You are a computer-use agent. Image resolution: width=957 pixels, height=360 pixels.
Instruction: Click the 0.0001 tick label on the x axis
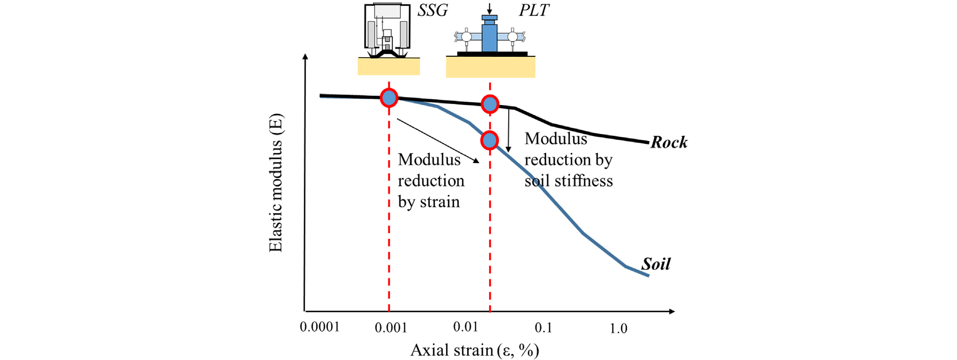(320, 327)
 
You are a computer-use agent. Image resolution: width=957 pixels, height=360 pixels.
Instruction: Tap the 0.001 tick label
(391, 328)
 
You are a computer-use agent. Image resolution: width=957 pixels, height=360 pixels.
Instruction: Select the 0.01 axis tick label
(465, 327)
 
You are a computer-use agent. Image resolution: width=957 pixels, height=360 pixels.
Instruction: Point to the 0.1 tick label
(543, 328)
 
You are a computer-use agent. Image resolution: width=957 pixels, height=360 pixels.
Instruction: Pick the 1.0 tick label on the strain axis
(619, 328)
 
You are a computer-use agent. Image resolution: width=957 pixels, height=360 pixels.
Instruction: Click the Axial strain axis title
(474, 350)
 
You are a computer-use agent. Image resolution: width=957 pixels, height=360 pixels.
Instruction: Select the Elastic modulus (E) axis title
(276, 183)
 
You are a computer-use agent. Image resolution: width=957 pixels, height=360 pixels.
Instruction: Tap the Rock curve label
(669, 142)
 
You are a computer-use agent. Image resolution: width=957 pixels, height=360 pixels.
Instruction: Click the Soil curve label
(656, 264)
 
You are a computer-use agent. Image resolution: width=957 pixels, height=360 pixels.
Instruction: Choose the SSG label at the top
(432, 10)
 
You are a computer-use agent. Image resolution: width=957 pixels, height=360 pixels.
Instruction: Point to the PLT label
(534, 10)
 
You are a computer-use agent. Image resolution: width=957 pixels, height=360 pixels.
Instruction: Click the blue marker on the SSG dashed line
(389, 98)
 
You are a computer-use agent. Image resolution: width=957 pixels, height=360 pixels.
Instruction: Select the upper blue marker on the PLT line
(490, 104)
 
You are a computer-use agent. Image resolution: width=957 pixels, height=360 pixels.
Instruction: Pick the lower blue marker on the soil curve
(490, 140)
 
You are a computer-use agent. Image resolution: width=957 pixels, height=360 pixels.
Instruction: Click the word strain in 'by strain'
(439, 202)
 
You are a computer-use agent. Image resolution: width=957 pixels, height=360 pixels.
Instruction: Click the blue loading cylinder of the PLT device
(489, 36)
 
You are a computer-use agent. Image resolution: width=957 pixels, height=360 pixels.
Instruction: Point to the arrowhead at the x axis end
(672, 311)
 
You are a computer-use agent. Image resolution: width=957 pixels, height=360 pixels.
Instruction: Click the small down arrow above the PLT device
(489, 9)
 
